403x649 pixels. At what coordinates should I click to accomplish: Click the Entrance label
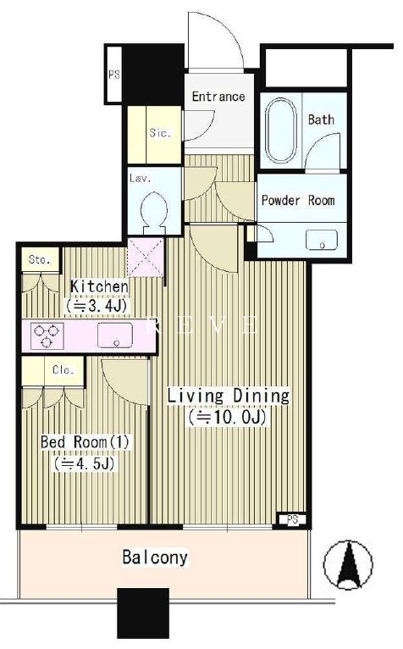click(x=218, y=97)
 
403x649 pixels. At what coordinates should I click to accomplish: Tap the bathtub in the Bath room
click(x=281, y=130)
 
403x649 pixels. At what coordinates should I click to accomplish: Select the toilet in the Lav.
click(x=154, y=210)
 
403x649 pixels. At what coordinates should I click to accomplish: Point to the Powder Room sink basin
click(x=322, y=240)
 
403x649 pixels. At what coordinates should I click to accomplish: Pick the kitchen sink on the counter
click(x=115, y=335)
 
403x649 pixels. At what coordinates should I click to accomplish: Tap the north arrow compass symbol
click(x=348, y=564)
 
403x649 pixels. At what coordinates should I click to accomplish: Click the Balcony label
click(x=155, y=557)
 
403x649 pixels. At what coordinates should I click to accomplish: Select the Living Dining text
click(x=228, y=396)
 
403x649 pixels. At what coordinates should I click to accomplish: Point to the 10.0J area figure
click(x=226, y=418)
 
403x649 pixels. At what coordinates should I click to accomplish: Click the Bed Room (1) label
click(x=85, y=442)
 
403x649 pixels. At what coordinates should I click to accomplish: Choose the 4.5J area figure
click(x=84, y=463)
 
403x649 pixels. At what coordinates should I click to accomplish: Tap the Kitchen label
click(x=99, y=286)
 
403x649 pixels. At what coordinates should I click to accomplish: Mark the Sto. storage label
click(x=39, y=260)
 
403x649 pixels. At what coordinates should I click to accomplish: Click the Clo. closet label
click(x=63, y=369)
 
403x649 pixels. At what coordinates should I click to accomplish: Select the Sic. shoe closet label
click(x=160, y=133)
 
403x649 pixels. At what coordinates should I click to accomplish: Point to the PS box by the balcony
click(x=292, y=520)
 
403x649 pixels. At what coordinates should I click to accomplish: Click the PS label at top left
click(x=113, y=75)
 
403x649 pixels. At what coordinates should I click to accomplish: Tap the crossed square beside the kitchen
click(x=146, y=257)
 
